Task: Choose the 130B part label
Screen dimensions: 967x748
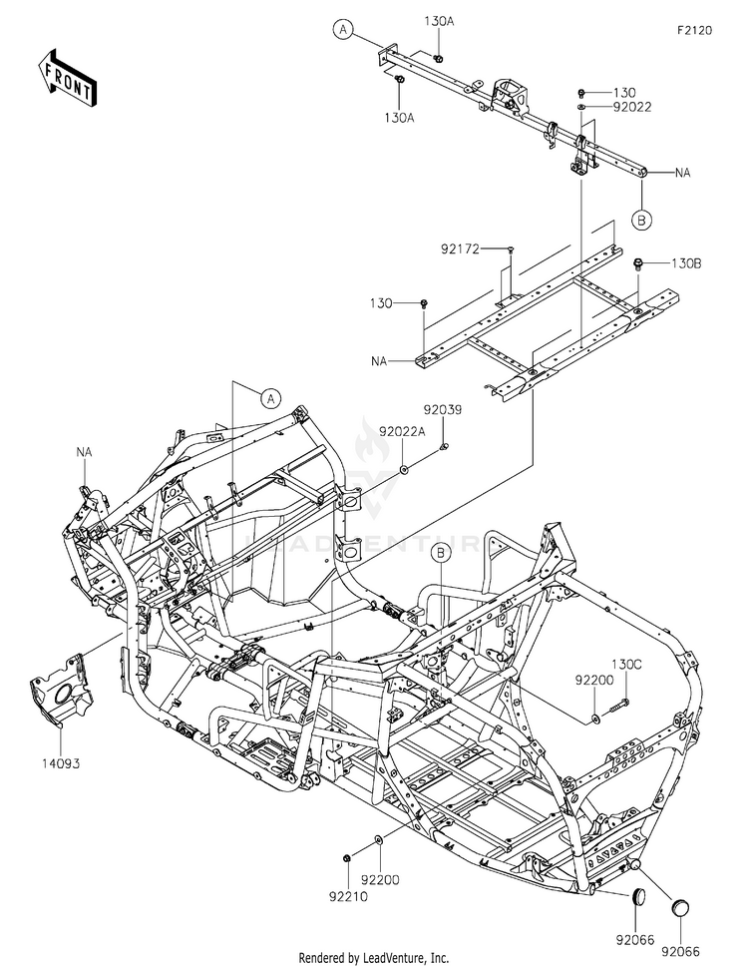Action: pos(686,263)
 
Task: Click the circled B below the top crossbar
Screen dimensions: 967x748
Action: pos(643,219)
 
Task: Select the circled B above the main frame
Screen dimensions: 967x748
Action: pos(441,551)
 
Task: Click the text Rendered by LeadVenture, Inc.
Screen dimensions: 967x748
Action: pos(374,957)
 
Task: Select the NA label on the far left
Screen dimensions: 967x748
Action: pos(84,452)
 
